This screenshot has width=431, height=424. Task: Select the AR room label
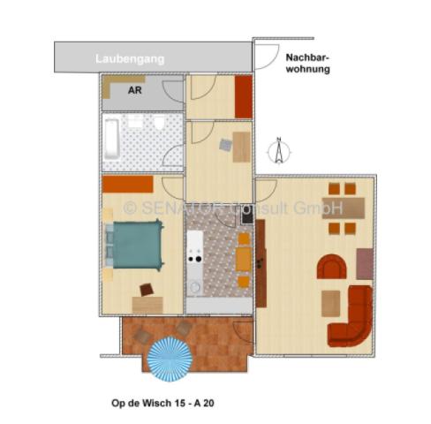tap(134, 90)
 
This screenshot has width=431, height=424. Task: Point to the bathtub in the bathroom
tap(111, 140)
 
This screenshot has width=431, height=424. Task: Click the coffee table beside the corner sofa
tap(330, 303)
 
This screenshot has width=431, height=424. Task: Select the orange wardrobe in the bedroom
tap(127, 185)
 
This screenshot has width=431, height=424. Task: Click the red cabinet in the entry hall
tap(243, 97)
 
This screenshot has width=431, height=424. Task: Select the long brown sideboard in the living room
tap(261, 261)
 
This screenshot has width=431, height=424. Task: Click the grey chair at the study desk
tap(226, 143)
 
